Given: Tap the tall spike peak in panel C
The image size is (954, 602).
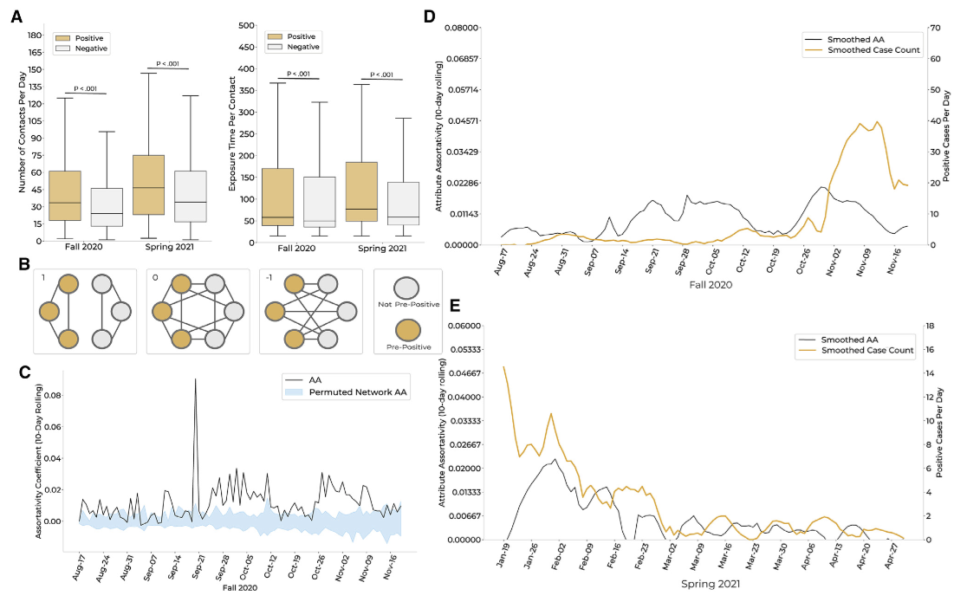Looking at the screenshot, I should [195, 379].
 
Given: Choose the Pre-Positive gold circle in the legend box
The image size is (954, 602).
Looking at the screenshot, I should [407, 329].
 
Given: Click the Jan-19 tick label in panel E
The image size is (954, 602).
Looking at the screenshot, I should [504, 555].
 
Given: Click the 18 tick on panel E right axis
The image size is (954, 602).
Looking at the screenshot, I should [929, 326].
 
